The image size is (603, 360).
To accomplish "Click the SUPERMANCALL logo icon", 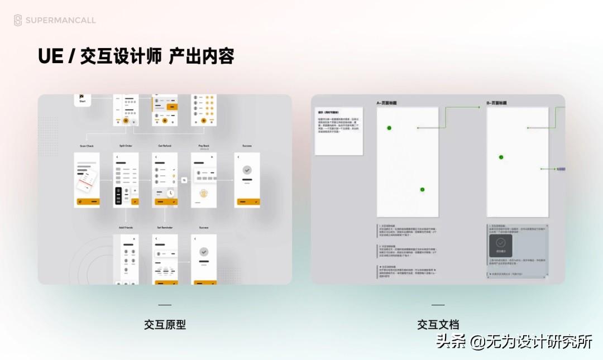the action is click(18, 21).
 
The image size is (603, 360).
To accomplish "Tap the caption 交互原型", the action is click(165, 325).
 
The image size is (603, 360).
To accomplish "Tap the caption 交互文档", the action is click(438, 325).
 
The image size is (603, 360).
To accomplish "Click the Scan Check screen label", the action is click(87, 146).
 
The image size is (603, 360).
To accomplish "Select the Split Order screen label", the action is click(126, 146).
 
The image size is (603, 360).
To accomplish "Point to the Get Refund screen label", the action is click(164, 146).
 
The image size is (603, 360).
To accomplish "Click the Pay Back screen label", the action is click(203, 146).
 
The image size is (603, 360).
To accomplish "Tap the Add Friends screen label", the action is click(126, 228).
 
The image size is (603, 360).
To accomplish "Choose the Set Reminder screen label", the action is click(164, 228).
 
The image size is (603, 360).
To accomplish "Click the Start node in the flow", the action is click(83, 99).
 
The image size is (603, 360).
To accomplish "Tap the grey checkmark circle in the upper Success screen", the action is click(247, 170).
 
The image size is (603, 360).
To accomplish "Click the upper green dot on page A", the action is click(389, 128).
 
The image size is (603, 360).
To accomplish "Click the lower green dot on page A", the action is click(422, 190).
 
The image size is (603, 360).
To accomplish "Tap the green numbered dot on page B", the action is click(501, 157).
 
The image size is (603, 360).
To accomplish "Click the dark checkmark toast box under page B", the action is click(501, 246).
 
